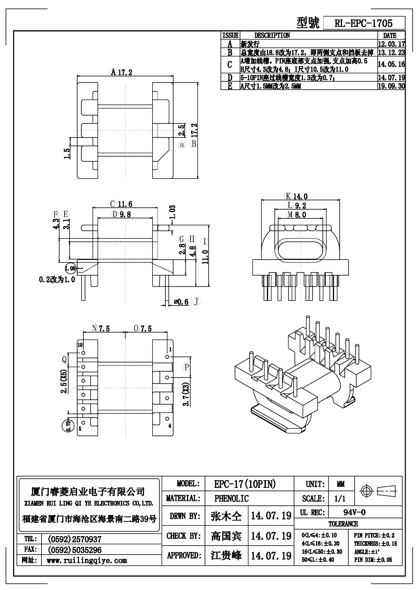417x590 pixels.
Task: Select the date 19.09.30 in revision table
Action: [391, 86]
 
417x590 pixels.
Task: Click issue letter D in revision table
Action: [230, 77]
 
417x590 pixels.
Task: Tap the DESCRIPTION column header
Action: [272, 35]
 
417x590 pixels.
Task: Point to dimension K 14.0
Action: [296, 196]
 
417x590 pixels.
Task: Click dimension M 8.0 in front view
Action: [296, 215]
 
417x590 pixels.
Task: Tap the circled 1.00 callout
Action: [70, 268]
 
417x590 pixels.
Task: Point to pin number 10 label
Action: [80, 345]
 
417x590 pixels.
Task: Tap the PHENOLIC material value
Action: [232, 498]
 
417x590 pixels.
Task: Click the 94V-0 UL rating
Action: [354, 512]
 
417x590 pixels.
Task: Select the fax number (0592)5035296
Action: [74, 550]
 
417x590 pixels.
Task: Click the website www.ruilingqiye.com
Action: [87, 560]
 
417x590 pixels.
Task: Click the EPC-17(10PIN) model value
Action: [245, 484]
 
